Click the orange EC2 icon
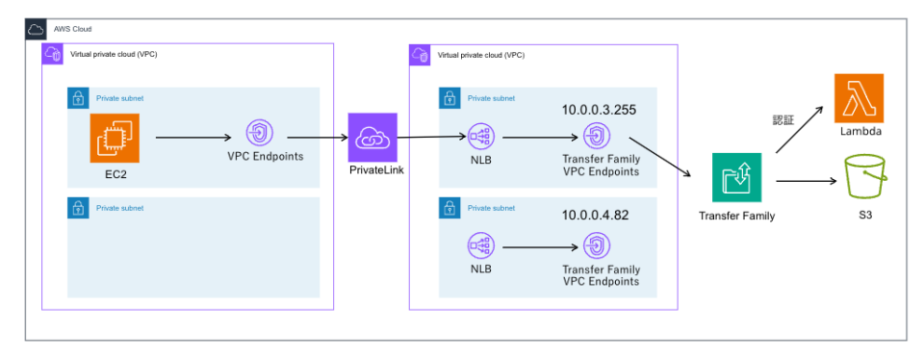click(x=115, y=139)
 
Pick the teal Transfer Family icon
click(x=736, y=178)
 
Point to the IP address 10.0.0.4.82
click(x=595, y=216)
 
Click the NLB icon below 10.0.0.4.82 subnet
click(x=480, y=246)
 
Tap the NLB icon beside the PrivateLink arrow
click(x=480, y=138)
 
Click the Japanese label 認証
click(x=784, y=120)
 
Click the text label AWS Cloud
click(x=72, y=30)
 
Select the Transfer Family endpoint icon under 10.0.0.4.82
click(x=597, y=246)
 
